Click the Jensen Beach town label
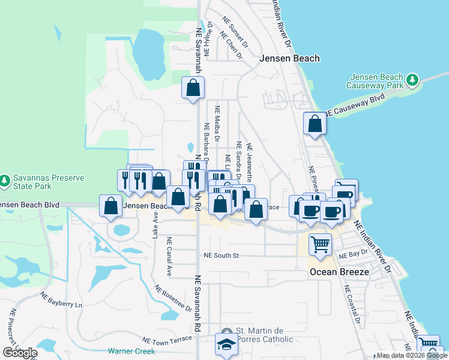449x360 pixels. pos(289,58)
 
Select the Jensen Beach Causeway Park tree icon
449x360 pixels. pos(412,79)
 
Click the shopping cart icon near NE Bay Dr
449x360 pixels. pos(320,244)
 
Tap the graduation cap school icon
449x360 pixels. pos(226,345)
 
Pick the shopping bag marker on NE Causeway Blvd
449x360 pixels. pos(315,124)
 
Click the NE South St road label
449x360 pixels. pos(221,256)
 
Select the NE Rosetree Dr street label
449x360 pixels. pos(173,298)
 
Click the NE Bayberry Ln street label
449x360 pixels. pos(61,300)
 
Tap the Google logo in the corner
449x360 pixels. pos(20,352)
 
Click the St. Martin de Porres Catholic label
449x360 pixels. pos(264,335)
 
